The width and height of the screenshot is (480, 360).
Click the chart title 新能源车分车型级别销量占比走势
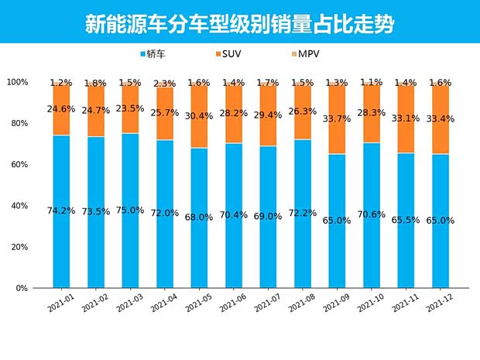[x=239, y=24]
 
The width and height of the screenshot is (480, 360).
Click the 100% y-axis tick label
[x=17, y=82]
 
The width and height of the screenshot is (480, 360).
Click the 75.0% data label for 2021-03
[x=130, y=210]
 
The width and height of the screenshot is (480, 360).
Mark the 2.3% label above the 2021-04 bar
[x=164, y=84]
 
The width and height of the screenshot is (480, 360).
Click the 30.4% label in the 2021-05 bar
[x=199, y=116]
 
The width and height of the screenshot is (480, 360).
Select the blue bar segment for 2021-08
[x=302, y=232]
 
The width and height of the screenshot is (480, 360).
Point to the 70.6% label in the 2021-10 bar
[x=371, y=214]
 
